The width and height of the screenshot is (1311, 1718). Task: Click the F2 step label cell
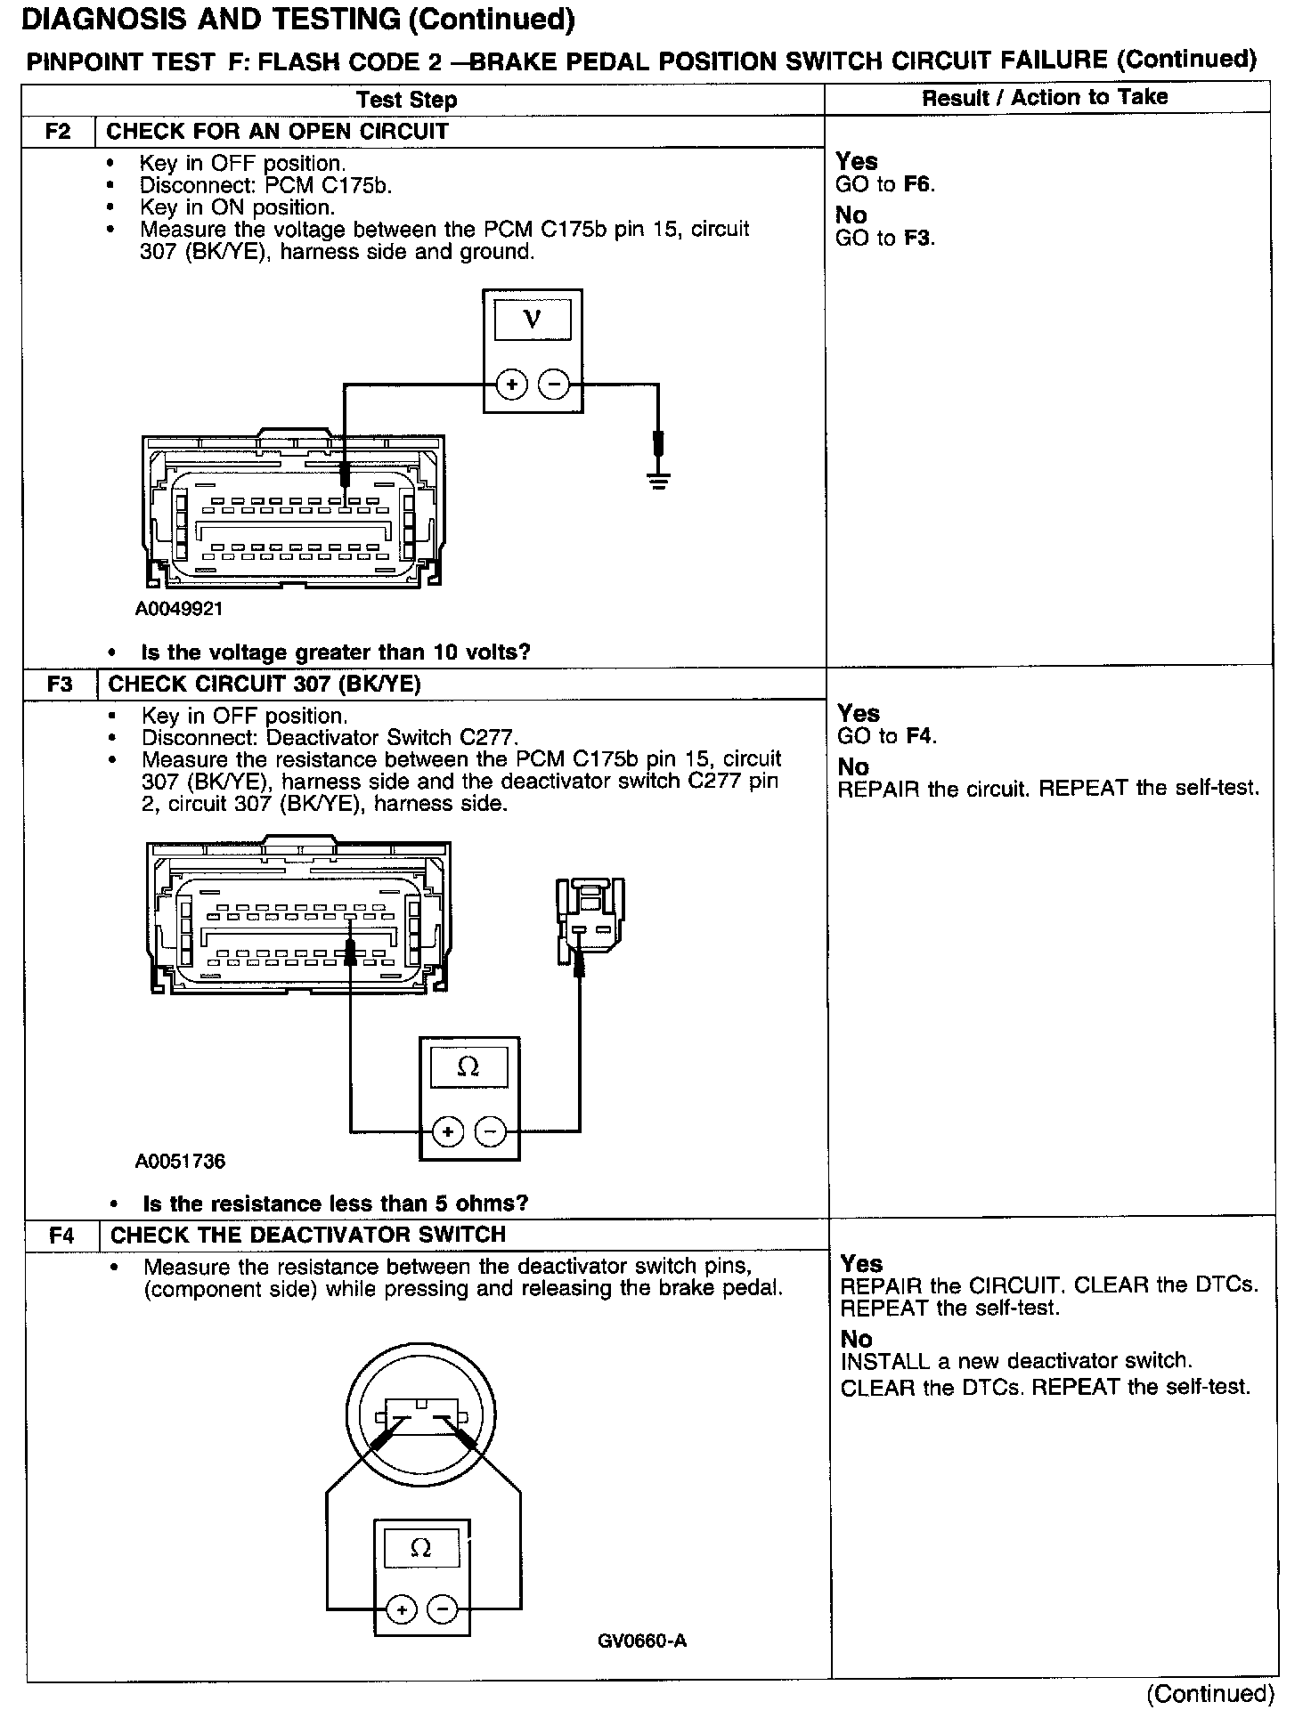click(x=58, y=132)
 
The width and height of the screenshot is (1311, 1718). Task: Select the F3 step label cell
click(x=60, y=684)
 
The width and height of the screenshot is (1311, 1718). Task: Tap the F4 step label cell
click(x=61, y=1235)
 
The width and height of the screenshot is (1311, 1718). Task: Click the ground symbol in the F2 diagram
click(x=658, y=482)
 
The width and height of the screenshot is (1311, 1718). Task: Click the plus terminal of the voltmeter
click(x=512, y=385)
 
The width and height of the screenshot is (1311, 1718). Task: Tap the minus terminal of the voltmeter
click(x=554, y=385)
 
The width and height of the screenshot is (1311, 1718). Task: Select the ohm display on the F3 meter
click(x=468, y=1066)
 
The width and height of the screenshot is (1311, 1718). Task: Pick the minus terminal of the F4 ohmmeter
click(x=443, y=1609)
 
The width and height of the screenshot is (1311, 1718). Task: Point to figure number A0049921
click(x=179, y=609)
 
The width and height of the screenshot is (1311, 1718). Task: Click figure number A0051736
click(x=181, y=1161)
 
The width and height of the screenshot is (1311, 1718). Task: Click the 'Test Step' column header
click(x=406, y=100)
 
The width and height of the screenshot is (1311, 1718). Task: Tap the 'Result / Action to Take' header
click(x=1044, y=97)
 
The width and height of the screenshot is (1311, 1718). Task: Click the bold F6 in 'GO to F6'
click(x=918, y=184)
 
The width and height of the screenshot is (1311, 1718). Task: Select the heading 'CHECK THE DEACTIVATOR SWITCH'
click(x=308, y=1235)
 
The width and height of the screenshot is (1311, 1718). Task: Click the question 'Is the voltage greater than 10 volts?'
click(x=336, y=652)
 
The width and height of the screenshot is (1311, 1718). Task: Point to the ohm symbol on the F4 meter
click(x=421, y=1549)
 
